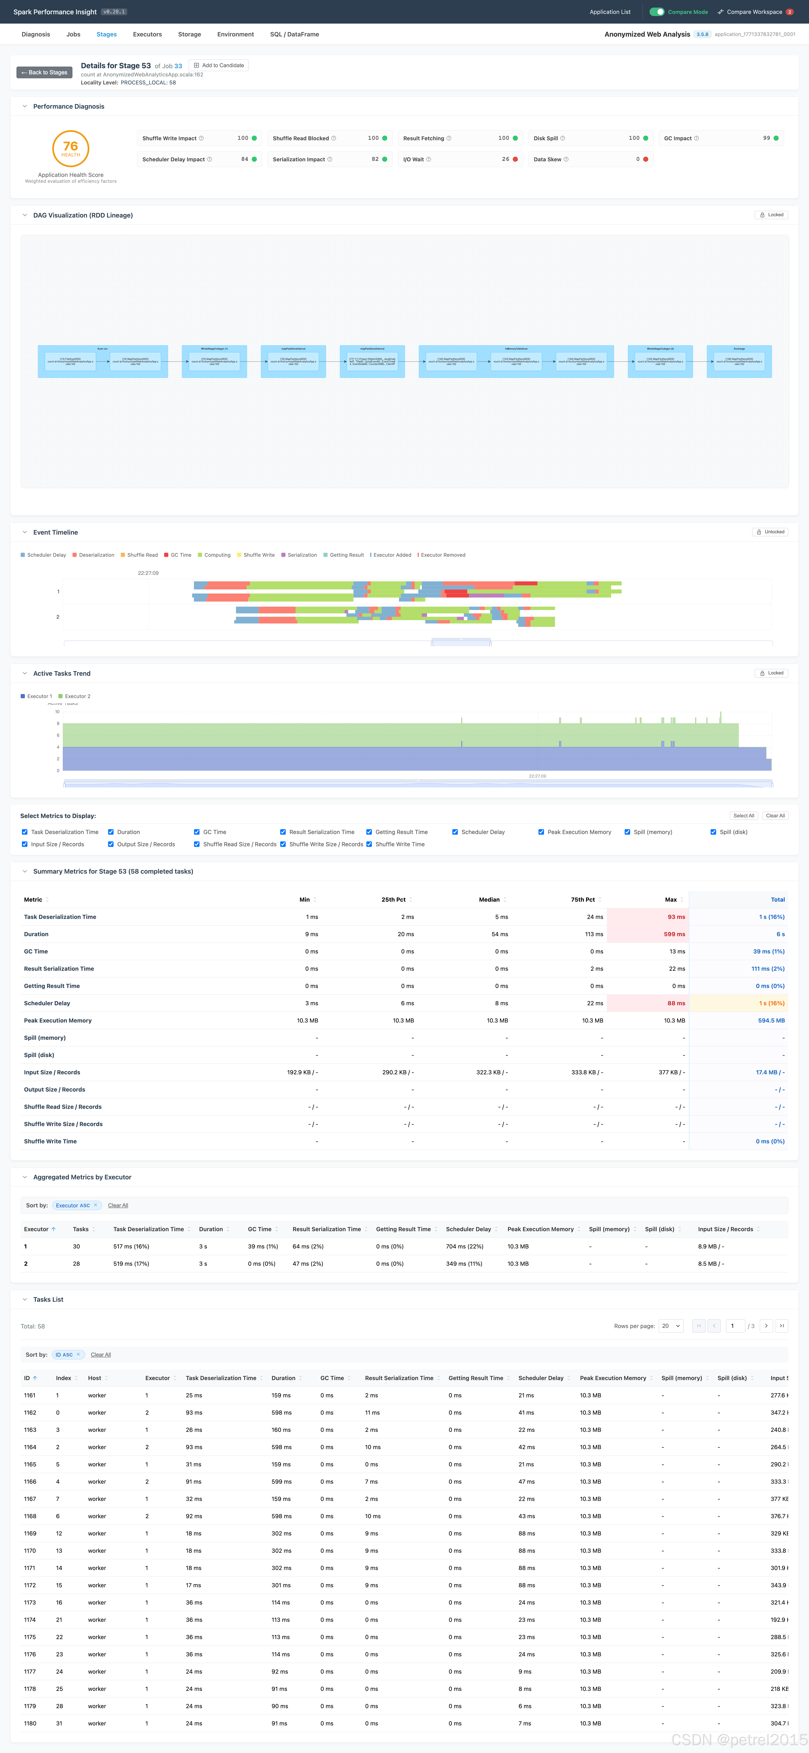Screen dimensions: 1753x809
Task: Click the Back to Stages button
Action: coord(44,72)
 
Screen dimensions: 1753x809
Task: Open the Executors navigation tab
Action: coord(147,34)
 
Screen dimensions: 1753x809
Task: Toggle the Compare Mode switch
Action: coord(656,12)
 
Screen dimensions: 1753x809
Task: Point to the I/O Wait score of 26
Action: coord(505,159)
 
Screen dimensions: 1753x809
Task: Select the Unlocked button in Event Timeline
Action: coord(770,531)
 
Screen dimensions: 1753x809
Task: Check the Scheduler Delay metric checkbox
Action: coord(455,832)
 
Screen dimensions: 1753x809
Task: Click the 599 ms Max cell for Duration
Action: coord(674,934)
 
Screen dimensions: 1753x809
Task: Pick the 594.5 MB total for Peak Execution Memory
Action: coord(771,1020)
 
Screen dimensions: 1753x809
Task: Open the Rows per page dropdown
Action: coord(671,1326)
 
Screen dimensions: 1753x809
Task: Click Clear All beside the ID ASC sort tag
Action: coord(101,1354)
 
